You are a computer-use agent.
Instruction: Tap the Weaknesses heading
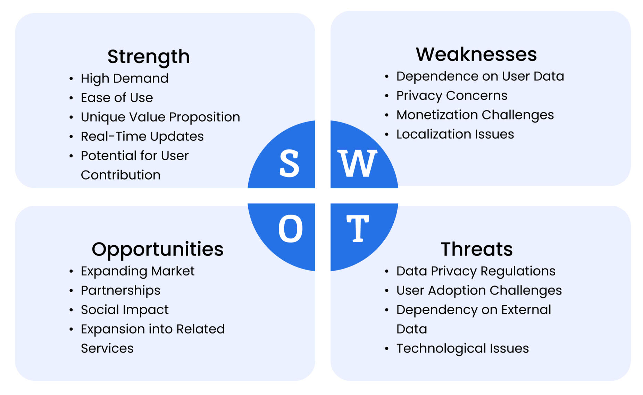pyautogui.click(x=476, y=54)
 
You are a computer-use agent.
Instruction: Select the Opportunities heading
pyautogui.click(x=158, y=250)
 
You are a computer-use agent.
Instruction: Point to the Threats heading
pyautogui.click(x=477, y=249)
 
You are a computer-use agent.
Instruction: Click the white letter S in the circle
pyautogui.click(x=289, y=163)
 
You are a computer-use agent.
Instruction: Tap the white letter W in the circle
pyautogui.click(x=358, y=163)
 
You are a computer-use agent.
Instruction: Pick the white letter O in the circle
pyautogui.click(x=291, y=228)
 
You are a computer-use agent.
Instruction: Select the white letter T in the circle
pyautogui.click(x=358, y=228)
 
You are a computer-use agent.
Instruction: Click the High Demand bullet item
pyautogui.click(x=125, y=79)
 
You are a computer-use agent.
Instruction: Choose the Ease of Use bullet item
pyautogui.click(x=117, y=98)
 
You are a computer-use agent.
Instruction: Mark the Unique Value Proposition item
pyautogui.click(x=160, y=117)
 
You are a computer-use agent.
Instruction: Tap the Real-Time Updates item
pyautogui.click(x=142, y=137)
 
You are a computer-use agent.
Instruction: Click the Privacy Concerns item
pyautogui.click(x=452, y=96)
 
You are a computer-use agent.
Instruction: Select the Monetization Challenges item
pyautogui.click(x=475, y=115)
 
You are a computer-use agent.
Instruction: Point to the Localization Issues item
pyautogui.click(x=455, y=134)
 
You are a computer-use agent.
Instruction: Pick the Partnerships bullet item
pyautogui.click(x=120, y=290)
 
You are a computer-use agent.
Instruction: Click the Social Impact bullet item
pyautogui.click(x=125, y=310)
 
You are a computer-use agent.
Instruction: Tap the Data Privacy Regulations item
pyautogui.click(x=476, y=271)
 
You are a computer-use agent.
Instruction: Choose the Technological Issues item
pyautogui.click(x=462, y=348)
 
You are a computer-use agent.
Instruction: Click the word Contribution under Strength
pyautogui.click(x=120, y=175)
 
